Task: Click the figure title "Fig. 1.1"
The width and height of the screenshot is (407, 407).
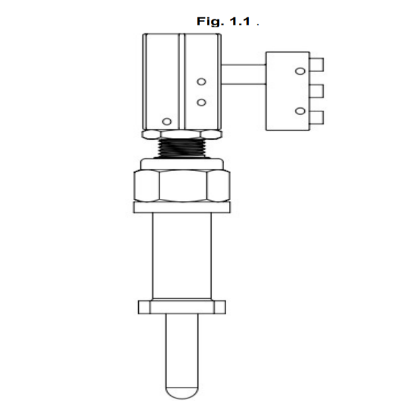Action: coord(224,21)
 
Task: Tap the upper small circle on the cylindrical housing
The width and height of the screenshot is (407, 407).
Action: coord(201,82)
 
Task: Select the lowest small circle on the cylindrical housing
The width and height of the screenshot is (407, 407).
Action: coord(167,121)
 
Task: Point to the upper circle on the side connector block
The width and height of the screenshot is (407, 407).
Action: coord(300,71)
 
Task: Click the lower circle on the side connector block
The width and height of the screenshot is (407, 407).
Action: coord(300,111)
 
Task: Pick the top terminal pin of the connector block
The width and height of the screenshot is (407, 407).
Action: coord(316,65)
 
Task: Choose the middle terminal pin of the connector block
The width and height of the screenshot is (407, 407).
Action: coord(316,91)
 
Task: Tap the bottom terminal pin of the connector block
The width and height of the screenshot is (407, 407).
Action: coord(316,117)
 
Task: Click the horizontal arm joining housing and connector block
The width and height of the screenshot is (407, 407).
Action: coord(244,74)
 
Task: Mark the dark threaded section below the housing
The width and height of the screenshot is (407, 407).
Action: coord(182,148)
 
